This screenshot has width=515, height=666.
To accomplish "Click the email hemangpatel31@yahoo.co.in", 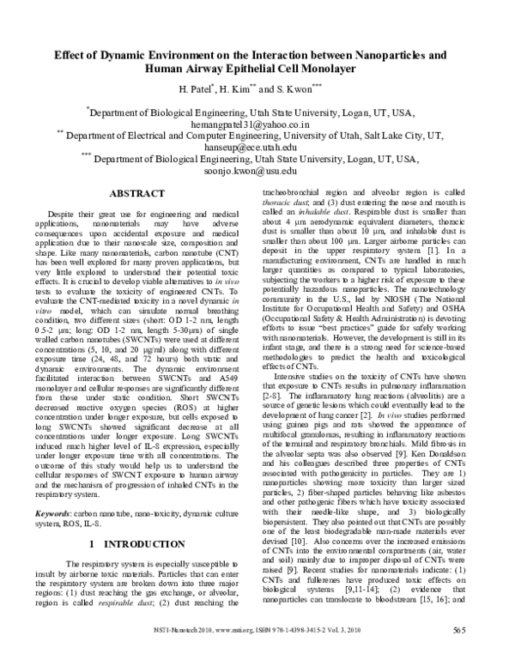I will tap(258, 124).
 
